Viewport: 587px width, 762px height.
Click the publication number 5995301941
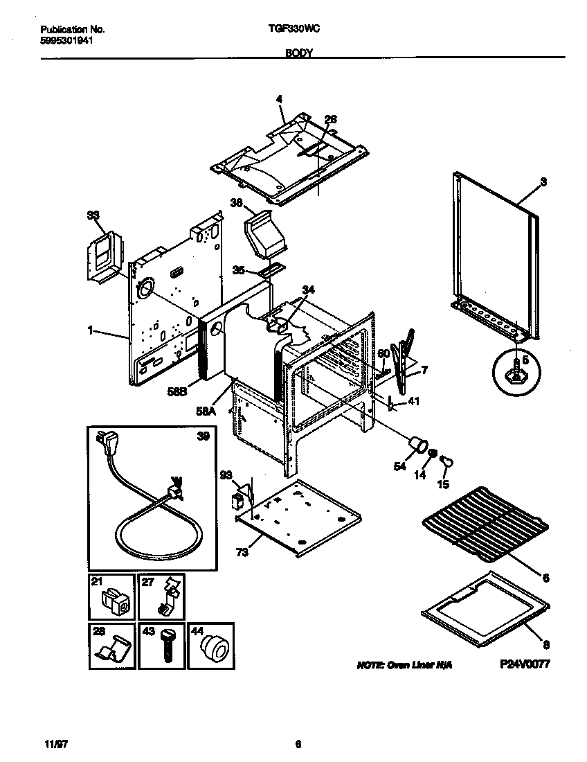pyautogui.click(x=67, y=40)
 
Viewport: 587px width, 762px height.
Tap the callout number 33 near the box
pyautogui.click(x=93, y=215)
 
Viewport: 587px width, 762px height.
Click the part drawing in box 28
pyautogui.click(x=114, y=651)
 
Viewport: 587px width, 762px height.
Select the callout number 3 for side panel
pyautogui.click(x=543, y=181)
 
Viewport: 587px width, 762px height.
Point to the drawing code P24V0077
pyautogui.click(x=525, y=664)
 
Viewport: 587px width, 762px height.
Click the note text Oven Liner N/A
pyautogui.click(x=404, y=664)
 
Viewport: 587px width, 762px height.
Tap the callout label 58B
pyautogui.click(x=178, y=392)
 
